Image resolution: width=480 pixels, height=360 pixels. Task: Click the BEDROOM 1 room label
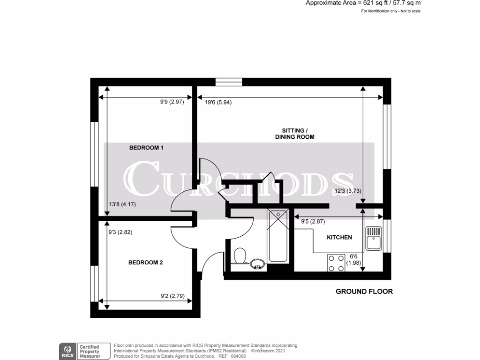[x=146, y=148]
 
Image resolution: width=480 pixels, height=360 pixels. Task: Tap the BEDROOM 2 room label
[x=145, y=262]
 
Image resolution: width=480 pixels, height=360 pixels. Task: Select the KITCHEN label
[x=339, y=238]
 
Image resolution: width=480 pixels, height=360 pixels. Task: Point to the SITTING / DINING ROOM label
[x=294, y=134]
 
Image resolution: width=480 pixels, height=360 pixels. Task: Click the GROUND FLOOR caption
[x=364, y=292]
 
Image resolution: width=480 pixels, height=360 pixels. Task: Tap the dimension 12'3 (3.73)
[x=348, y=190]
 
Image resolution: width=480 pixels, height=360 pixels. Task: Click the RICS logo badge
[x=67, y=351]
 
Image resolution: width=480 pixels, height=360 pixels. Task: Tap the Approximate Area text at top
[x=363, y=3]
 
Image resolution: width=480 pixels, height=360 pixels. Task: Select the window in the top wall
[x=229, y=82]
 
